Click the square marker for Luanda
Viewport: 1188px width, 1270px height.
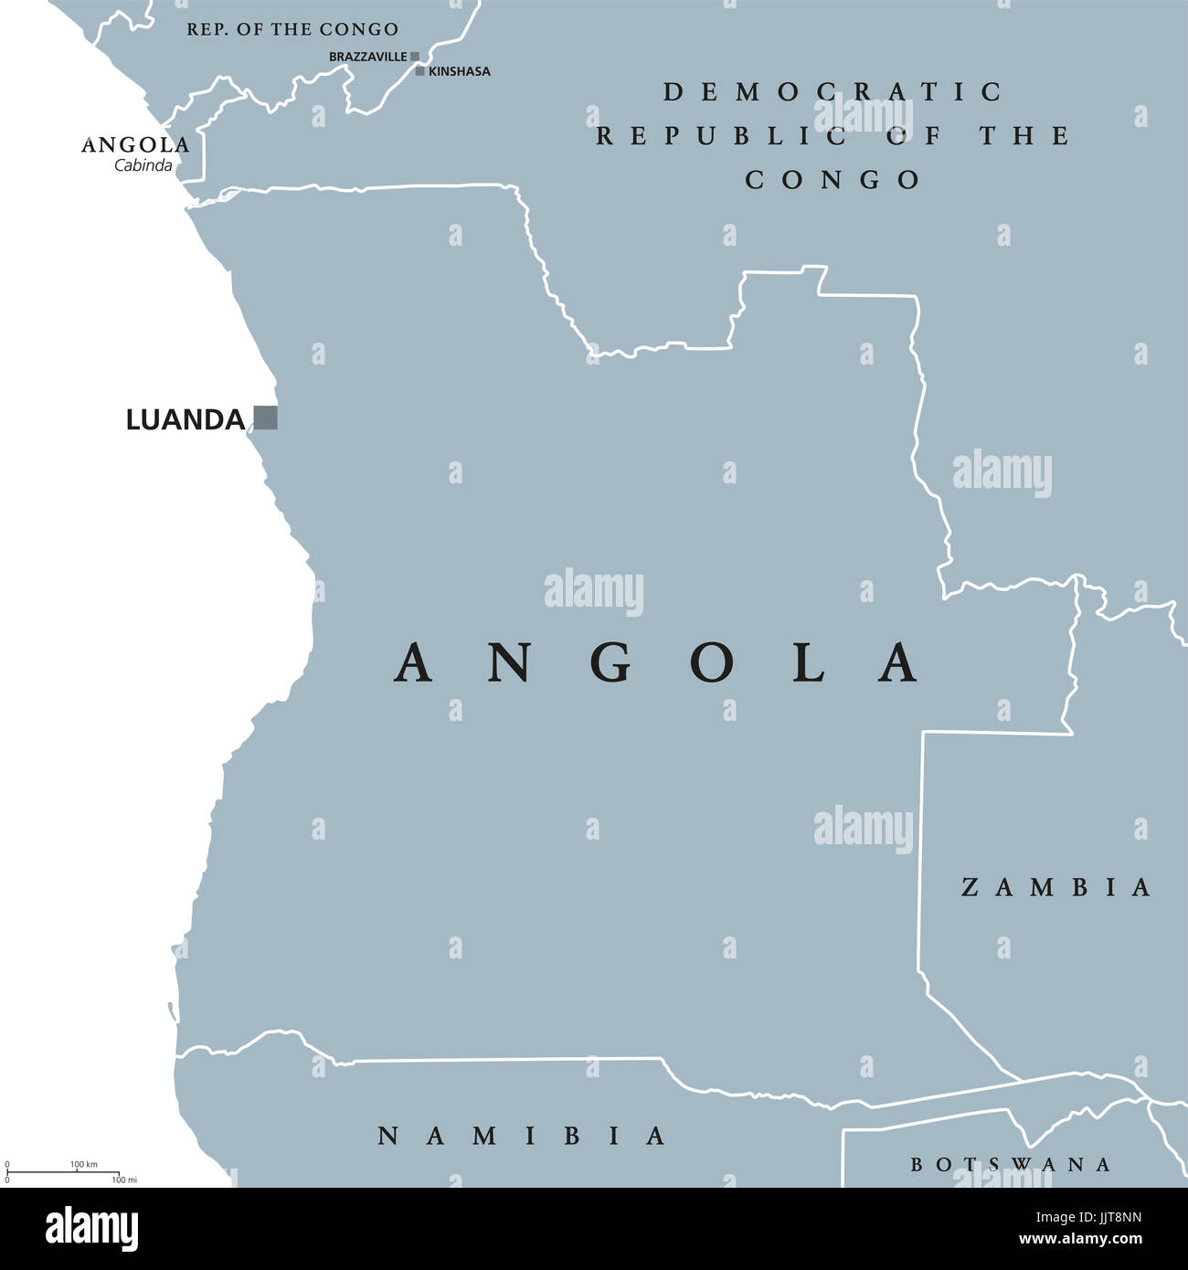pyautogui.click(x=265, y=418)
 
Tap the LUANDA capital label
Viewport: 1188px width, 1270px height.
pyautogui.click(x=186, y=420)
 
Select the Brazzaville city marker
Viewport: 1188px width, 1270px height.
pyautogui.click(x=415, y=57)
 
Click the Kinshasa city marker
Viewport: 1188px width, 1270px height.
pyautogui.click(x=419, y=70)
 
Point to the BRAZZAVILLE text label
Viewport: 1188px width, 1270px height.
pyautogui.click(x=367, y=57)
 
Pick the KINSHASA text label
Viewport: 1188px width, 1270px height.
pyautogui.click(x=460, y=71)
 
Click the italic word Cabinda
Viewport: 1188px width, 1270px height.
pyautogui.click(x=143, y=165)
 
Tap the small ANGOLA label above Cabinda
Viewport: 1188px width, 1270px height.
pyautogui.click(x=135, y=145)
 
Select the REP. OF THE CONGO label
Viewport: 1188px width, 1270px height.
pyautogui.click(x=292, y=29)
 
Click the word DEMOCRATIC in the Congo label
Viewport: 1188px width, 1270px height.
pyautogui.click(x=833, y=91)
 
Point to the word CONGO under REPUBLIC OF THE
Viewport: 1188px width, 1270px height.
pyautogui.click(x=833, y=180)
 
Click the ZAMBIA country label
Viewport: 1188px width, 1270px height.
pyautogui.click(x=1055, y=887)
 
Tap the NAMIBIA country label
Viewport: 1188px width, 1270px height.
pyautogui.click(x=522, y=1136)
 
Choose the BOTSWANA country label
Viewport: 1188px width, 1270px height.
pyautogui.click(x=1011, y=1164)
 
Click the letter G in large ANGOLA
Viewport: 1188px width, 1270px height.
pyautogui.click(x=610, y=663)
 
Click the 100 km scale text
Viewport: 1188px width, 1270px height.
pyautogui.click(x=83, y=1164)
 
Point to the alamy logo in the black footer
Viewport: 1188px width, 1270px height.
pyautogui.click(x=91, y=1229)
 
